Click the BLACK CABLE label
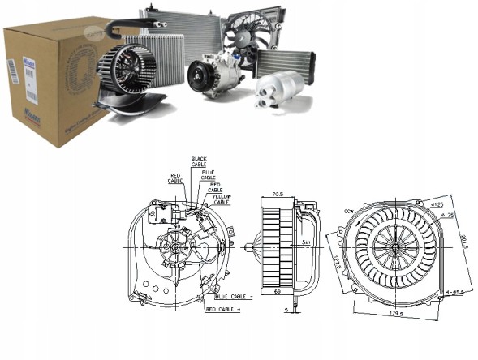coord(199,161)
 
